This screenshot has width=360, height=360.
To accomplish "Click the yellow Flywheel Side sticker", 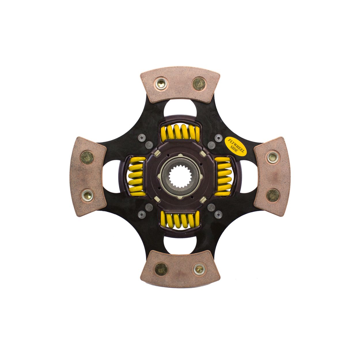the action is pos(236,147).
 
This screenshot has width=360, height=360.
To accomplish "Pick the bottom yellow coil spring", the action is pos(180,221).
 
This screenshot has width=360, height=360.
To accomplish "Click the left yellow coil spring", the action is pos(137,176).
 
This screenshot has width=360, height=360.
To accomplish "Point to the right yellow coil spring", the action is pos(223,176).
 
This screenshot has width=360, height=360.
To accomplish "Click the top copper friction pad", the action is pos(180,84).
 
